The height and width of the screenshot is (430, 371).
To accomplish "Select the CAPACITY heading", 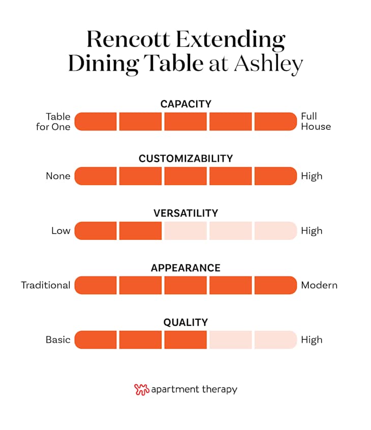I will [185, 104].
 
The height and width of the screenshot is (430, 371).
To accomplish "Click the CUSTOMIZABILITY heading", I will [185, 159].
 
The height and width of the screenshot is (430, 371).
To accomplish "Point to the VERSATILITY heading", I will [185, 213].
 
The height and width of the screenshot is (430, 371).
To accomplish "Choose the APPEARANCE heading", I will [185, 268].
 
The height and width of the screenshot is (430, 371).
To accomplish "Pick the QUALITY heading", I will [185, 322].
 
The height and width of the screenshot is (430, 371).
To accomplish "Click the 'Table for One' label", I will [53, 121].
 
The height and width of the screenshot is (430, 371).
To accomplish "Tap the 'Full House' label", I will [316, 121].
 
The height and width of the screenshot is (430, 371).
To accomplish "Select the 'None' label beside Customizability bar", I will [58, 176].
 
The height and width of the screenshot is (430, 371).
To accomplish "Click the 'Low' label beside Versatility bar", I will [60, 231].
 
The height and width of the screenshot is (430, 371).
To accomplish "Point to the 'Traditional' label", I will [46, 285].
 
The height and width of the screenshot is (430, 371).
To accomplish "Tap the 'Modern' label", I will [319, 285].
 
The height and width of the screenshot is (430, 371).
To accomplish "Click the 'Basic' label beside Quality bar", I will [58, 340].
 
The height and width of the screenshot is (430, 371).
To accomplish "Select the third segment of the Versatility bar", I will [185, 231].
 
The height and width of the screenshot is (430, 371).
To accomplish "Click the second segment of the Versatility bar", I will [140, 231].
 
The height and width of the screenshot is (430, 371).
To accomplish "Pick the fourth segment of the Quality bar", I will [230, 340].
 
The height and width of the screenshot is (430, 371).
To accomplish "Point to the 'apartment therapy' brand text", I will [194, 390].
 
